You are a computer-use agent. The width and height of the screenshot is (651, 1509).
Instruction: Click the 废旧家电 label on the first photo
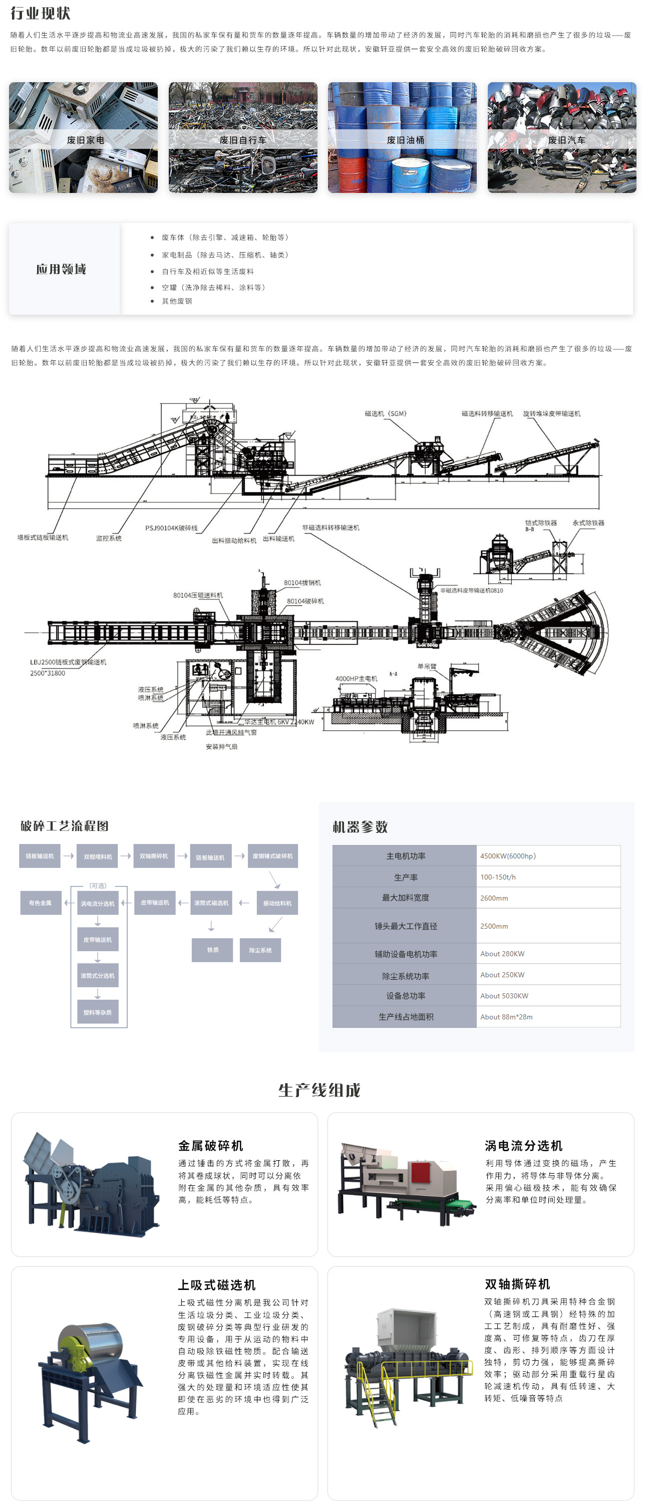(x=85, y=140)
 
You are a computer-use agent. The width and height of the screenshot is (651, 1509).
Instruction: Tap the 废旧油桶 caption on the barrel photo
(x=405, y=140)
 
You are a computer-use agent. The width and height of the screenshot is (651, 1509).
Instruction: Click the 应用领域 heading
(x=62, y=269)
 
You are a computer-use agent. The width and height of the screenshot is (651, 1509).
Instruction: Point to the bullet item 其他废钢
(x=176, y=301)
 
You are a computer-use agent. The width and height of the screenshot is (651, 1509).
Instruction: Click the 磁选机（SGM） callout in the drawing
(x=385, y=413)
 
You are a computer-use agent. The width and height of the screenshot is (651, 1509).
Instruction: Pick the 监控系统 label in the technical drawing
(x=109, y=538)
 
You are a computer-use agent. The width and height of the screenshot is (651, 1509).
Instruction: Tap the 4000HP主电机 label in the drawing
(x=356, y=679)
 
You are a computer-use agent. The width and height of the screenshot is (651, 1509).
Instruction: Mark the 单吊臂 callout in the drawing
(x=427, y=666)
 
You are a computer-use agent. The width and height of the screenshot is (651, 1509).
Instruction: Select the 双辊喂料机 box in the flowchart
(x=98, y=856)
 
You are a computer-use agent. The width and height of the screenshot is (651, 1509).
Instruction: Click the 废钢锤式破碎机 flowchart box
(x=272, y=856)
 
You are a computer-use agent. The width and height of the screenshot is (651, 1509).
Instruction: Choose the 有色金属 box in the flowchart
(x=41, y=903)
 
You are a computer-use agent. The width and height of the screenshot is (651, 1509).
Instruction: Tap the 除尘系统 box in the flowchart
(x=260, y=950)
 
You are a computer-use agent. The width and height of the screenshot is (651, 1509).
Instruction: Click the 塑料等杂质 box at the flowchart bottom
(x=98, y=1012)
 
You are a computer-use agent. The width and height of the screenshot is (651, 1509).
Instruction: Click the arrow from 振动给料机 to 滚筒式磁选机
(x=244, y=903)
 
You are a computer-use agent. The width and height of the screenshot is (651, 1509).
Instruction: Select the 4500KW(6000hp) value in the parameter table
(x=508, y=856)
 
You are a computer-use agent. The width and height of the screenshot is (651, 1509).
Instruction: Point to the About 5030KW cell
(x=504, y=996)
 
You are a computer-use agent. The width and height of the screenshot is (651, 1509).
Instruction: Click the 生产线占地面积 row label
(x=406, y=1017)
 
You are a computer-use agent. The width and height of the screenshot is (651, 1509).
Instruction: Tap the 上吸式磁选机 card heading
(x=217, y=1284)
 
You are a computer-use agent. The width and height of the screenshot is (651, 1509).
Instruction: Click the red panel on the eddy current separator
(x=422, y=1173)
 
